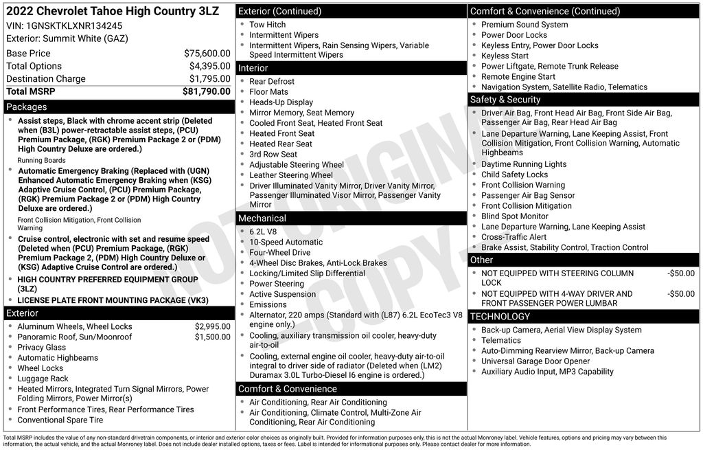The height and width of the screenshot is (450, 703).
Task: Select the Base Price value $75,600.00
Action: coord(207,53)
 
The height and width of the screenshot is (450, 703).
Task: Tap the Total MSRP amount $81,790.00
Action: coord(206,91)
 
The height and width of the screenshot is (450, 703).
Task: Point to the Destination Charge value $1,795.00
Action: coord(209,78)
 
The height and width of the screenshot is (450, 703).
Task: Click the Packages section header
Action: coord(27,106)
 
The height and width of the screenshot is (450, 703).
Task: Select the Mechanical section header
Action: coord(262,218)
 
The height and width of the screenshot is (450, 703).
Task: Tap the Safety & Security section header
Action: coord(505,100)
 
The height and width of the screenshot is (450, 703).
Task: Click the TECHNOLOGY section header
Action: coord(500,316)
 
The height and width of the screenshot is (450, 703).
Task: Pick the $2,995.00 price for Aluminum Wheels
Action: coord(212,326)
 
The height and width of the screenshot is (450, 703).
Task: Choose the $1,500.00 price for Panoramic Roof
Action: coord(212,337)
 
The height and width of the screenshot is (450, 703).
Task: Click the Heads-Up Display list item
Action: coord(281,102)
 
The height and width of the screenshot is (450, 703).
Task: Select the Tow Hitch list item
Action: coord(267,25)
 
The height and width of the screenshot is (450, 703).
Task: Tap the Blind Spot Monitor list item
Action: coord(515,216)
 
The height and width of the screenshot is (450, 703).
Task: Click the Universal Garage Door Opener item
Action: coord(535,361)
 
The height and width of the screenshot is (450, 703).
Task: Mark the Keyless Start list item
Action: coord(505,56)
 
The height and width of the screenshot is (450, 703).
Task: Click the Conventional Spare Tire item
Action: coord(60,420)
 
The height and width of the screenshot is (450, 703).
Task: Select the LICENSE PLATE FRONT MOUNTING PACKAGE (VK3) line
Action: coord(113,300)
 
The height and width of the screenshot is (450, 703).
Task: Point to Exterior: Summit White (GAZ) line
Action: coord(67,38)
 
